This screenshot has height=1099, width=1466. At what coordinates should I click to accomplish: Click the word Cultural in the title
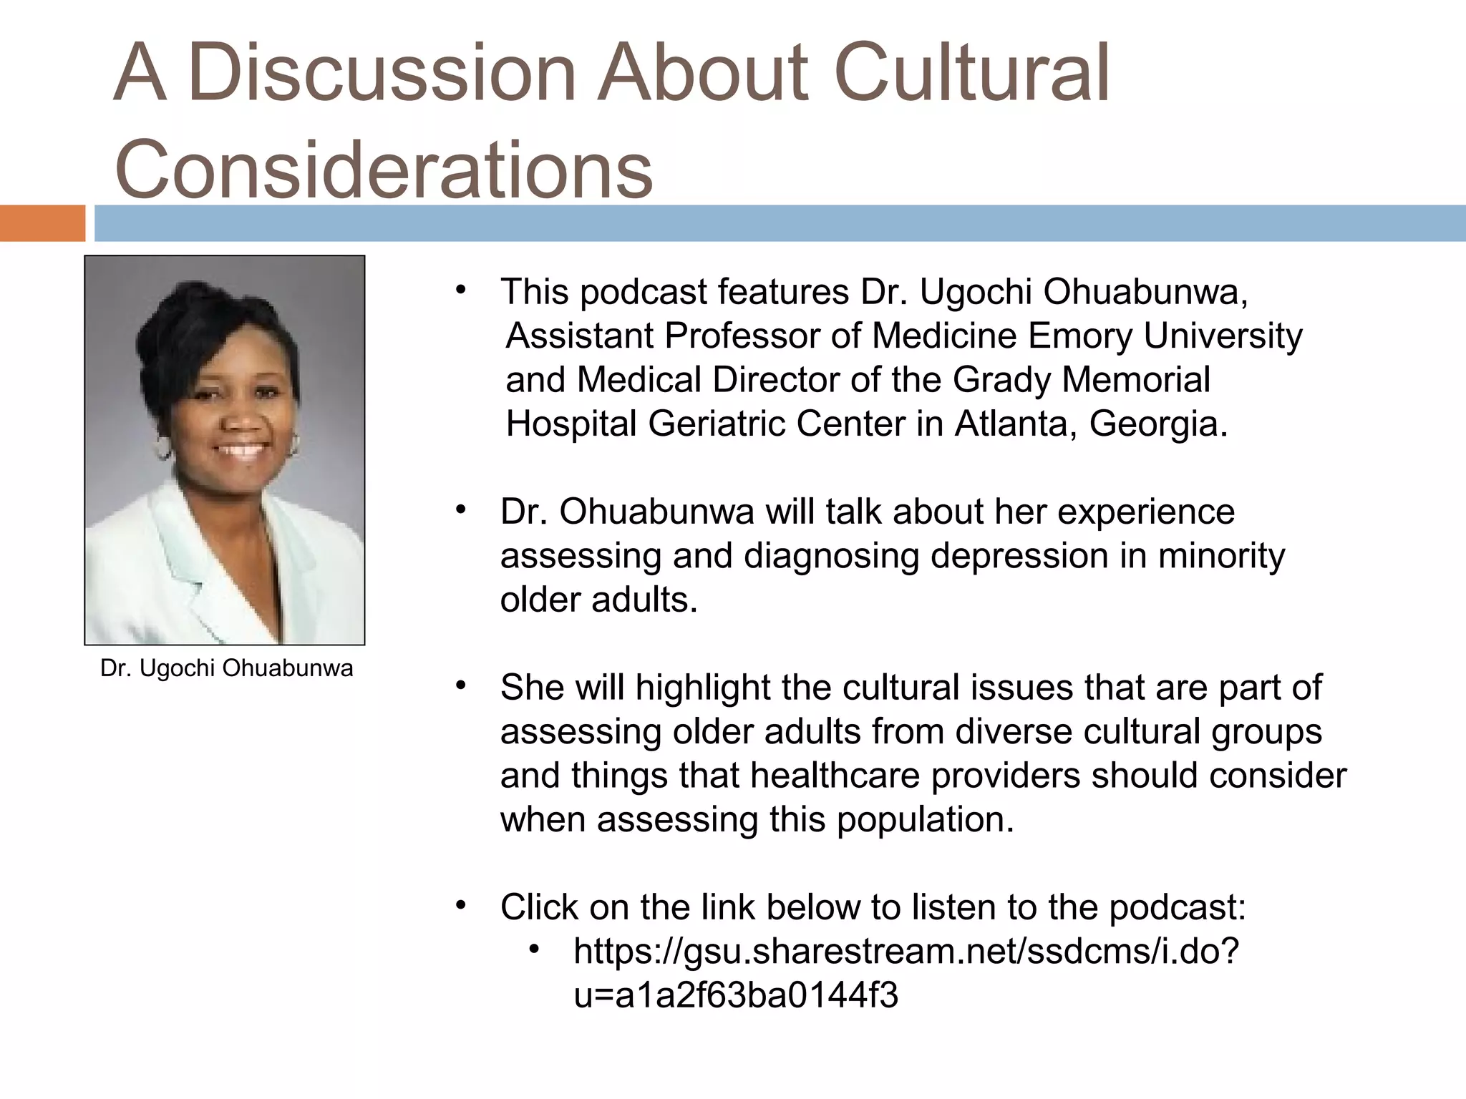click(x=971, y=72)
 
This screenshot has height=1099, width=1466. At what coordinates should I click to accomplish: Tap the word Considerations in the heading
click(x=384, y=169)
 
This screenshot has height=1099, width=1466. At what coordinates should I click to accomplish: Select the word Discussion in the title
click(x=383, y=72)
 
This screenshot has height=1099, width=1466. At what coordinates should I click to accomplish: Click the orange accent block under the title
click(x=42, y=223)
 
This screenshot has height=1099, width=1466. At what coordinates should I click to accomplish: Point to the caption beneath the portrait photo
click(x=227, y=668)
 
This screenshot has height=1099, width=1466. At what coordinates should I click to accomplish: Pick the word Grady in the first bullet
click(x=1001, y=379)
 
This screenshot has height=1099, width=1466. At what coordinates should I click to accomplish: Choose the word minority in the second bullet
click(x=1221, y=556)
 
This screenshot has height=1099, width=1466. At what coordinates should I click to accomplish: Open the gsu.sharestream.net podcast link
click(x=906, y=952)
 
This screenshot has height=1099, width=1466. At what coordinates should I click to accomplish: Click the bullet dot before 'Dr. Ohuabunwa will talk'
click(x=461, y=509)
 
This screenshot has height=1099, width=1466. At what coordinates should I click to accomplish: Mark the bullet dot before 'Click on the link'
click(x=461, y=905)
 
